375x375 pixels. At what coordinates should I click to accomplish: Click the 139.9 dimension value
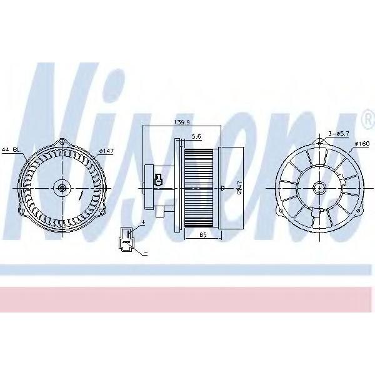click(x=181, y=122)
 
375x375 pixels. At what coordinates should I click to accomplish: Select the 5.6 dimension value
click(x=196, y=136)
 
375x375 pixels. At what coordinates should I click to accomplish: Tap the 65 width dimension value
click(x=202, y=234)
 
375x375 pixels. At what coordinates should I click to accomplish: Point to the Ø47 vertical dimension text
click(x=239, y=187)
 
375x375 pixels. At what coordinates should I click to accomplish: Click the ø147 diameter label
click(x=106, y=151)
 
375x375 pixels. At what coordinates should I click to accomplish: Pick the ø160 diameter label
click(x=362, y=144)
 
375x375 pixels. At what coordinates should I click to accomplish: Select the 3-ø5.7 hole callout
click(x=338, y=134)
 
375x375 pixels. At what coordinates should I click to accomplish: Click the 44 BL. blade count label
click(x=12, y=150)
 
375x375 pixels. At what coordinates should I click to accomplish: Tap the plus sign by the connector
click(x=144, y=222)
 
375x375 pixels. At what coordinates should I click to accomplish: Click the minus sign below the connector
click(x=146, y=252)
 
